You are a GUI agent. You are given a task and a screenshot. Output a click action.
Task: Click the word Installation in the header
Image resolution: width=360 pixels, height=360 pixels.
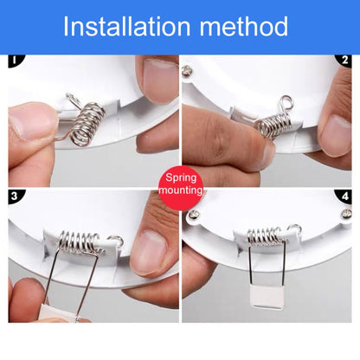[x=126, y=26]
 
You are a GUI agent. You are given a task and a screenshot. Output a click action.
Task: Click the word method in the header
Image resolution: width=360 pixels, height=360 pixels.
[x=244, y=26]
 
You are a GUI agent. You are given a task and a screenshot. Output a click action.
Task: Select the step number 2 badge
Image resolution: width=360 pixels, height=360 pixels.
[x=344, y=61]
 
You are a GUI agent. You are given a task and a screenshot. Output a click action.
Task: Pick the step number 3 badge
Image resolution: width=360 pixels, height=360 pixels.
[x=16, y=196]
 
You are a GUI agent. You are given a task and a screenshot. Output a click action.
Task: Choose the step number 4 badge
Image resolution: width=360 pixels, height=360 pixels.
[x=344, y=196]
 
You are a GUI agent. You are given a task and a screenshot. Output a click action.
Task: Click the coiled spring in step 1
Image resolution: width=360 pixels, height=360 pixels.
[x=87, y=124]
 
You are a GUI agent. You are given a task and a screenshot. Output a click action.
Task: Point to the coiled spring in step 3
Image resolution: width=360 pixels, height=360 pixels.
[x=79, y=241]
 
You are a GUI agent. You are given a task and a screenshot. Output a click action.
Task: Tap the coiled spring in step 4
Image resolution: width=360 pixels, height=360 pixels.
[x=265, y=236]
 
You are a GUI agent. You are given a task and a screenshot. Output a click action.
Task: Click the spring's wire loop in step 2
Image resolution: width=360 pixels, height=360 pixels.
[x=286, y=103]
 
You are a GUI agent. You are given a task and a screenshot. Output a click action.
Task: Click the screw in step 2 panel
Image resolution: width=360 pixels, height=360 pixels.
[x=187, y=71]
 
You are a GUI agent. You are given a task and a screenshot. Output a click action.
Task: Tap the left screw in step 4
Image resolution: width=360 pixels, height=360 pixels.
[x=194, y=215]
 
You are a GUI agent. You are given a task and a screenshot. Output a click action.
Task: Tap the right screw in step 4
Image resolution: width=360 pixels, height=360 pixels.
[x=346, y=214]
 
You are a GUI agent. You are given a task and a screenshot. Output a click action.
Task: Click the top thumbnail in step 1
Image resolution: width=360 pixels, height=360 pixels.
[x=161, y=80]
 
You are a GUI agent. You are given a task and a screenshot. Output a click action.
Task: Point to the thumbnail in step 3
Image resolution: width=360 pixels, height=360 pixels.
[x=148, y=253]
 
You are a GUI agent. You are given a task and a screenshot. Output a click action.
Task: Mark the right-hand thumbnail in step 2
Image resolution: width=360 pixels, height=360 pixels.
[x=337, y=135]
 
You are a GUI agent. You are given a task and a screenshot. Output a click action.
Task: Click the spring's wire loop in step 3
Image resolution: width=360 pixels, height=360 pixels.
[x=116, y=240]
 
